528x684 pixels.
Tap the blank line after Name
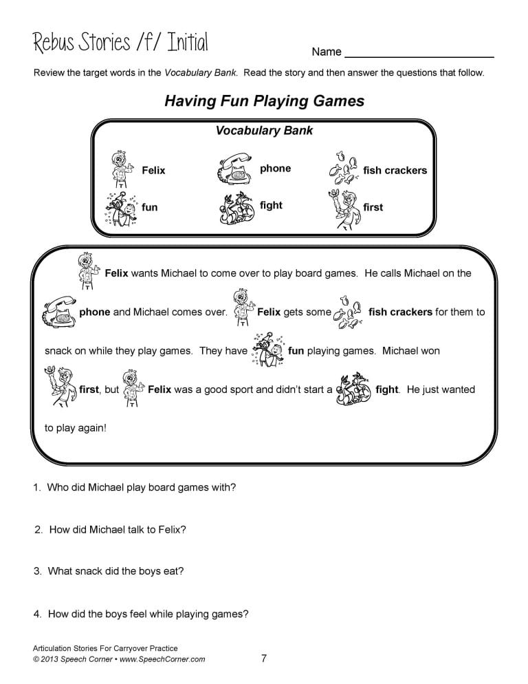(419, 52)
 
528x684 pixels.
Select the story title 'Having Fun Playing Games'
(264, 101)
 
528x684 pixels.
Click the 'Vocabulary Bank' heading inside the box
(264, 131)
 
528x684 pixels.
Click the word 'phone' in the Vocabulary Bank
(275, 169)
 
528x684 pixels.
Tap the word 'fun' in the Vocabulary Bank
(149, 207)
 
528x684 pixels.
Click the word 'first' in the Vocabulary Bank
(373, 207)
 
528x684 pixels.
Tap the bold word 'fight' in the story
(387, 389)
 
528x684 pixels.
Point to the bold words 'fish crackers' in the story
(400, 312)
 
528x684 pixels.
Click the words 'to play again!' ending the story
(76, 428)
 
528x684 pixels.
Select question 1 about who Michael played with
(135, 487)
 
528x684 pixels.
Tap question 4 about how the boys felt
(141, 614)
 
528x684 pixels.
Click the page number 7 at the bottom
(264, 659)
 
